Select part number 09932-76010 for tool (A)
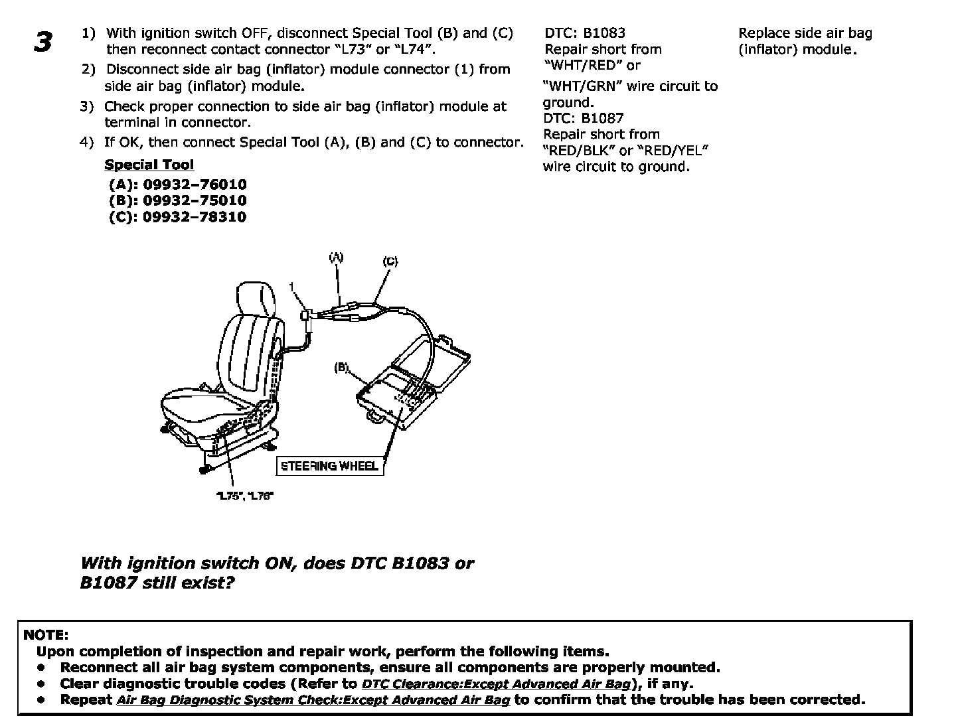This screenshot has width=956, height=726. [195, 184]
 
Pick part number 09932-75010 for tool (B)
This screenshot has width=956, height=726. [195, 200]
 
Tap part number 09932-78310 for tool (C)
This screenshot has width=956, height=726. [195, 217]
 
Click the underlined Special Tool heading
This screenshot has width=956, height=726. [149, 165]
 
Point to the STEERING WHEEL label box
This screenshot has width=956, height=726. [329, 466]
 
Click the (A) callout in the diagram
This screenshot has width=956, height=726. [337, 257]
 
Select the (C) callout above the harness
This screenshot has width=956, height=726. [390, 261]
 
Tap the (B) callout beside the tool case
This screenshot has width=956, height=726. [341, 367]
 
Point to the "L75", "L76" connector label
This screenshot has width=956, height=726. [245, 496]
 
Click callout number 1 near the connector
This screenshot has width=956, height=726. [291, 286]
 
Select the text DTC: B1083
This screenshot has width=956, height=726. [585, 33]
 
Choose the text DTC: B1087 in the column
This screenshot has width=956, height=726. [584, 118]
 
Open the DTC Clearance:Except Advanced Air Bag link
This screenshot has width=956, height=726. [496, 684]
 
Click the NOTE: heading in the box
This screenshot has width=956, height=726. [45, 635]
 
